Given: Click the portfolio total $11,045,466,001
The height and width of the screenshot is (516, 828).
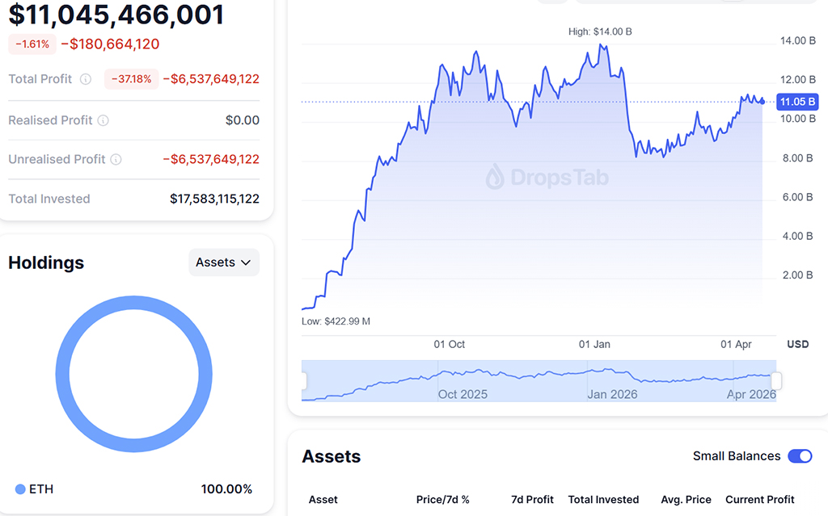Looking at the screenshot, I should coord(116,15).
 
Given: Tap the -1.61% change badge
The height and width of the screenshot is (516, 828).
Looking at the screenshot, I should coord(32,44).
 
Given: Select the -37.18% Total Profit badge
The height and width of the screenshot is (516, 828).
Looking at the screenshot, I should coord(131,79).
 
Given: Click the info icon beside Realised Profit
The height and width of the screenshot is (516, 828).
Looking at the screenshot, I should coord(103,120).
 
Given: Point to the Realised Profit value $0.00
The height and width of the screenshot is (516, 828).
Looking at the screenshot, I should coord(243,120).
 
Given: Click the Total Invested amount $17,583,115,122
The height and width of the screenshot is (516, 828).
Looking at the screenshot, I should coord(214,199).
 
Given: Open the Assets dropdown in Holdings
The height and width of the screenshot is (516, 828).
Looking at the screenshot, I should coord(223,262).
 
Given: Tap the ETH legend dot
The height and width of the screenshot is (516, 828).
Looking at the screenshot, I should coord(20,489).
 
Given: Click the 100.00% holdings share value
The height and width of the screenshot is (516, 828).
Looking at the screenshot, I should coord(226,489).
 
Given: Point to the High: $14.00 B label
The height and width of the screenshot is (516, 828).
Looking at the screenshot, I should coord(600,31).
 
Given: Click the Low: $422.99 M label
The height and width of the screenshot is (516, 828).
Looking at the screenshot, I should coord(336,321).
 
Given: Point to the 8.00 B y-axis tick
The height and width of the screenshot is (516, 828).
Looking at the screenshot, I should coord(797,158).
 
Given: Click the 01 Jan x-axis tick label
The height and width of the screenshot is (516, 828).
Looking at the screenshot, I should coord(594,344).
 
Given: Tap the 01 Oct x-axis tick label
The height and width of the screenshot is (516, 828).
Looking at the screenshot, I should coord(449,344).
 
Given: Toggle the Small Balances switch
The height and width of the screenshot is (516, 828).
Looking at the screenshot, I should coord(800,456).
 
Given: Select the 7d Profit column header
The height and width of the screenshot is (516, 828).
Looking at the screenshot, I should coord(532,500).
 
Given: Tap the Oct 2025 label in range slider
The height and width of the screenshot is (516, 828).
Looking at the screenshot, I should coord(463,394).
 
